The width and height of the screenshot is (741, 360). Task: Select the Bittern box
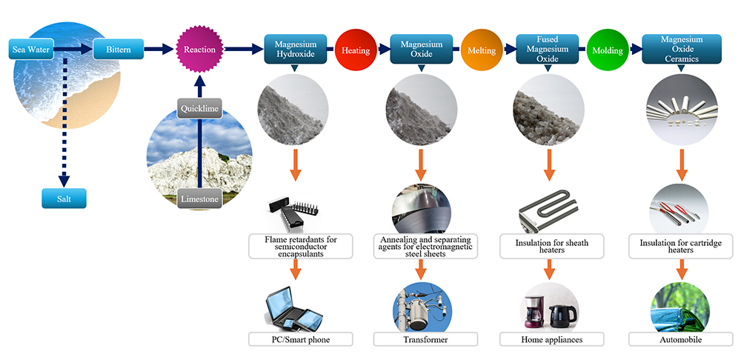click(x=118, y=50)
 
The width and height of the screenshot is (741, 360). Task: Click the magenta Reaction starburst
click(x=199, y=50)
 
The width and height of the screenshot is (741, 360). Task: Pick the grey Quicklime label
click(x=199, y=109)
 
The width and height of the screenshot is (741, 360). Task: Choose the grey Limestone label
click(x=199, y=198)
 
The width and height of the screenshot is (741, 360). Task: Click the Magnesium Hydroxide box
click(x=295, y=50)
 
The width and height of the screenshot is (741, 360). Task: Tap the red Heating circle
click(x=356, y=50)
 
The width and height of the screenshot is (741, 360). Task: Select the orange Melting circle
click(x=482, y=50)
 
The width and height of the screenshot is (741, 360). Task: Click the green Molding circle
click(x=608, y=50)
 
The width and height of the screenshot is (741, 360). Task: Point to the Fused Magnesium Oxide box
click(x=547, y=50)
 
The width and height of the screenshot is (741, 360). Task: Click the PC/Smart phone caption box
click(x=299, y=339)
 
